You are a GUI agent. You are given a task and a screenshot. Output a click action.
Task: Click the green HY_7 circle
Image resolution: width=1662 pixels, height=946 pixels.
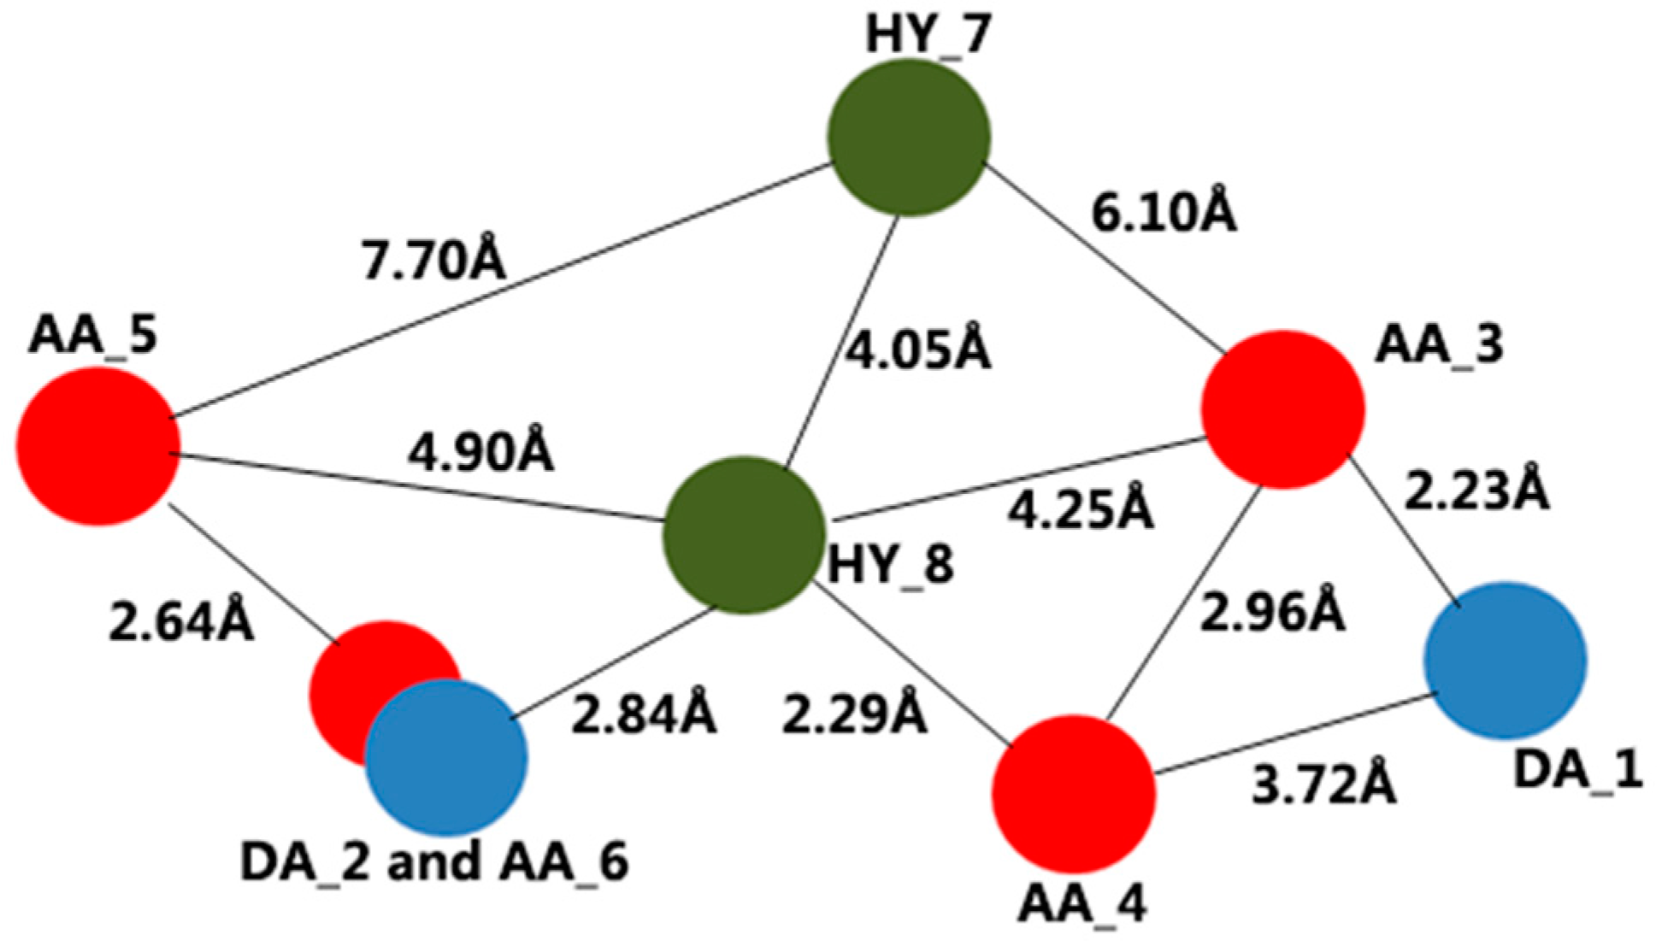click(x=909, y=137)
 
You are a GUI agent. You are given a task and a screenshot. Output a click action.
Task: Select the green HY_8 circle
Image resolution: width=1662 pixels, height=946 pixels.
click(x=745, y=535)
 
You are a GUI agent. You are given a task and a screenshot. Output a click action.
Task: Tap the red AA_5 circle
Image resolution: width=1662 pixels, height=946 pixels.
click(x=99, y=445)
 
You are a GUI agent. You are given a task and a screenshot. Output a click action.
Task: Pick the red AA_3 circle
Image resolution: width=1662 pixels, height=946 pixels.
click(x=1282, y=408)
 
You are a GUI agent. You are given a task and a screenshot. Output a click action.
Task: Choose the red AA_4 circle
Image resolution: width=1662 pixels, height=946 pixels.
click(x=1074, y=794)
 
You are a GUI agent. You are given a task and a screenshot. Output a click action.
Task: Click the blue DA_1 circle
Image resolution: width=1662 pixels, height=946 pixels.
click(x=1505, y=660)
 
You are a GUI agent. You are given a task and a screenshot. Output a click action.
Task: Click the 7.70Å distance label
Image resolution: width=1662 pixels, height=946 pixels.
click(x=434, y=261)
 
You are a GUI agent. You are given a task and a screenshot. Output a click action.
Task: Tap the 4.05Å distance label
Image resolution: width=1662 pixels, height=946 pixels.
click(x=918, y=350)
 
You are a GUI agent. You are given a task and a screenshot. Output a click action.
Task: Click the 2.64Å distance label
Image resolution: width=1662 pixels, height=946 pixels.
click(x=181, y=621)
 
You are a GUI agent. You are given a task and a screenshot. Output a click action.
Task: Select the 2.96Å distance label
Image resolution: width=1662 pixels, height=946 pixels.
click(x=1273, y=612)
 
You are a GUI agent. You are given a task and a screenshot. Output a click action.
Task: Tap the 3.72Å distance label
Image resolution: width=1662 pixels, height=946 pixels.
click(x=1324, y=784)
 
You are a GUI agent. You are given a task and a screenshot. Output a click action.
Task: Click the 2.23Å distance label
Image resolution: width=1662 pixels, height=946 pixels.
click(x=1476, y=491)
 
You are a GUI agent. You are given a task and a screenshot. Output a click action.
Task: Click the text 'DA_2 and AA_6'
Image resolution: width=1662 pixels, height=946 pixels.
click(x=434, y=861)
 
